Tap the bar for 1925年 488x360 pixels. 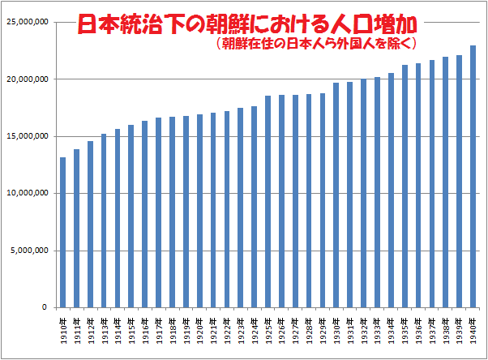[x=268, y=202]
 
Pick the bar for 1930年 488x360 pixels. [x=336, y=195]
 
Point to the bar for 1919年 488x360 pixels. [x=186, y=212]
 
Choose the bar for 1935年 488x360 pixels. [x=405, y=186]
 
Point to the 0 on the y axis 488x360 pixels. [x=45, y=307]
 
